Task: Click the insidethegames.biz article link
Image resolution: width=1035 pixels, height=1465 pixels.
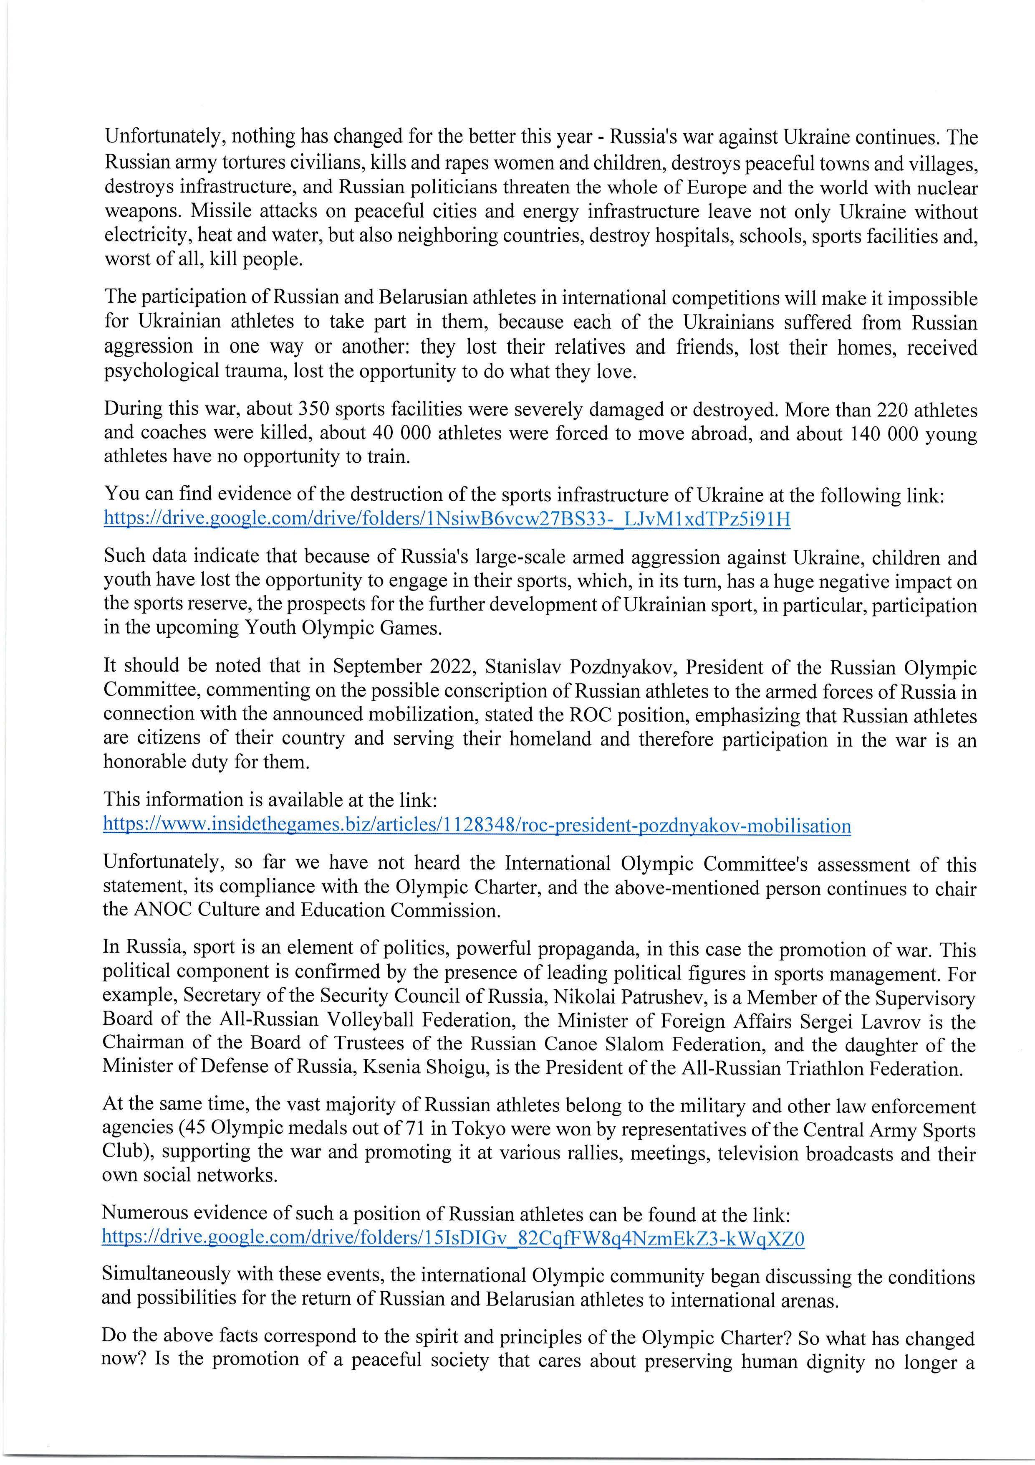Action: click(477, 826)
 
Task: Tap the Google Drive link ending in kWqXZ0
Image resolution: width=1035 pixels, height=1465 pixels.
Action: click(453, 1239)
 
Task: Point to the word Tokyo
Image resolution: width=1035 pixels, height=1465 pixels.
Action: click(477, 1130)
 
